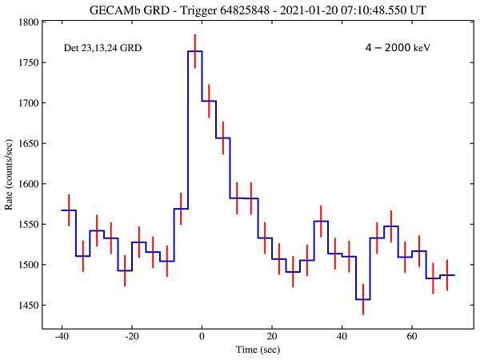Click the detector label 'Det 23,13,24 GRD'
(103, 49)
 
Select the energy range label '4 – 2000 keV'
(398, 48)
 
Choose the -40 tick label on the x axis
(62, 338)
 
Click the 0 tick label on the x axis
(202, 338)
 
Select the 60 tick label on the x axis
(412, 338)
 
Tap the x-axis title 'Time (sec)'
(238, 350)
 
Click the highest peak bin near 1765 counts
(194, 51)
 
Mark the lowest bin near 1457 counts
(362, 299)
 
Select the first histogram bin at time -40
(69, 210)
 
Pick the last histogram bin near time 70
(446, 275)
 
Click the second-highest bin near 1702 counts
(209, 101)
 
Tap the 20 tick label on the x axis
(273, 338)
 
